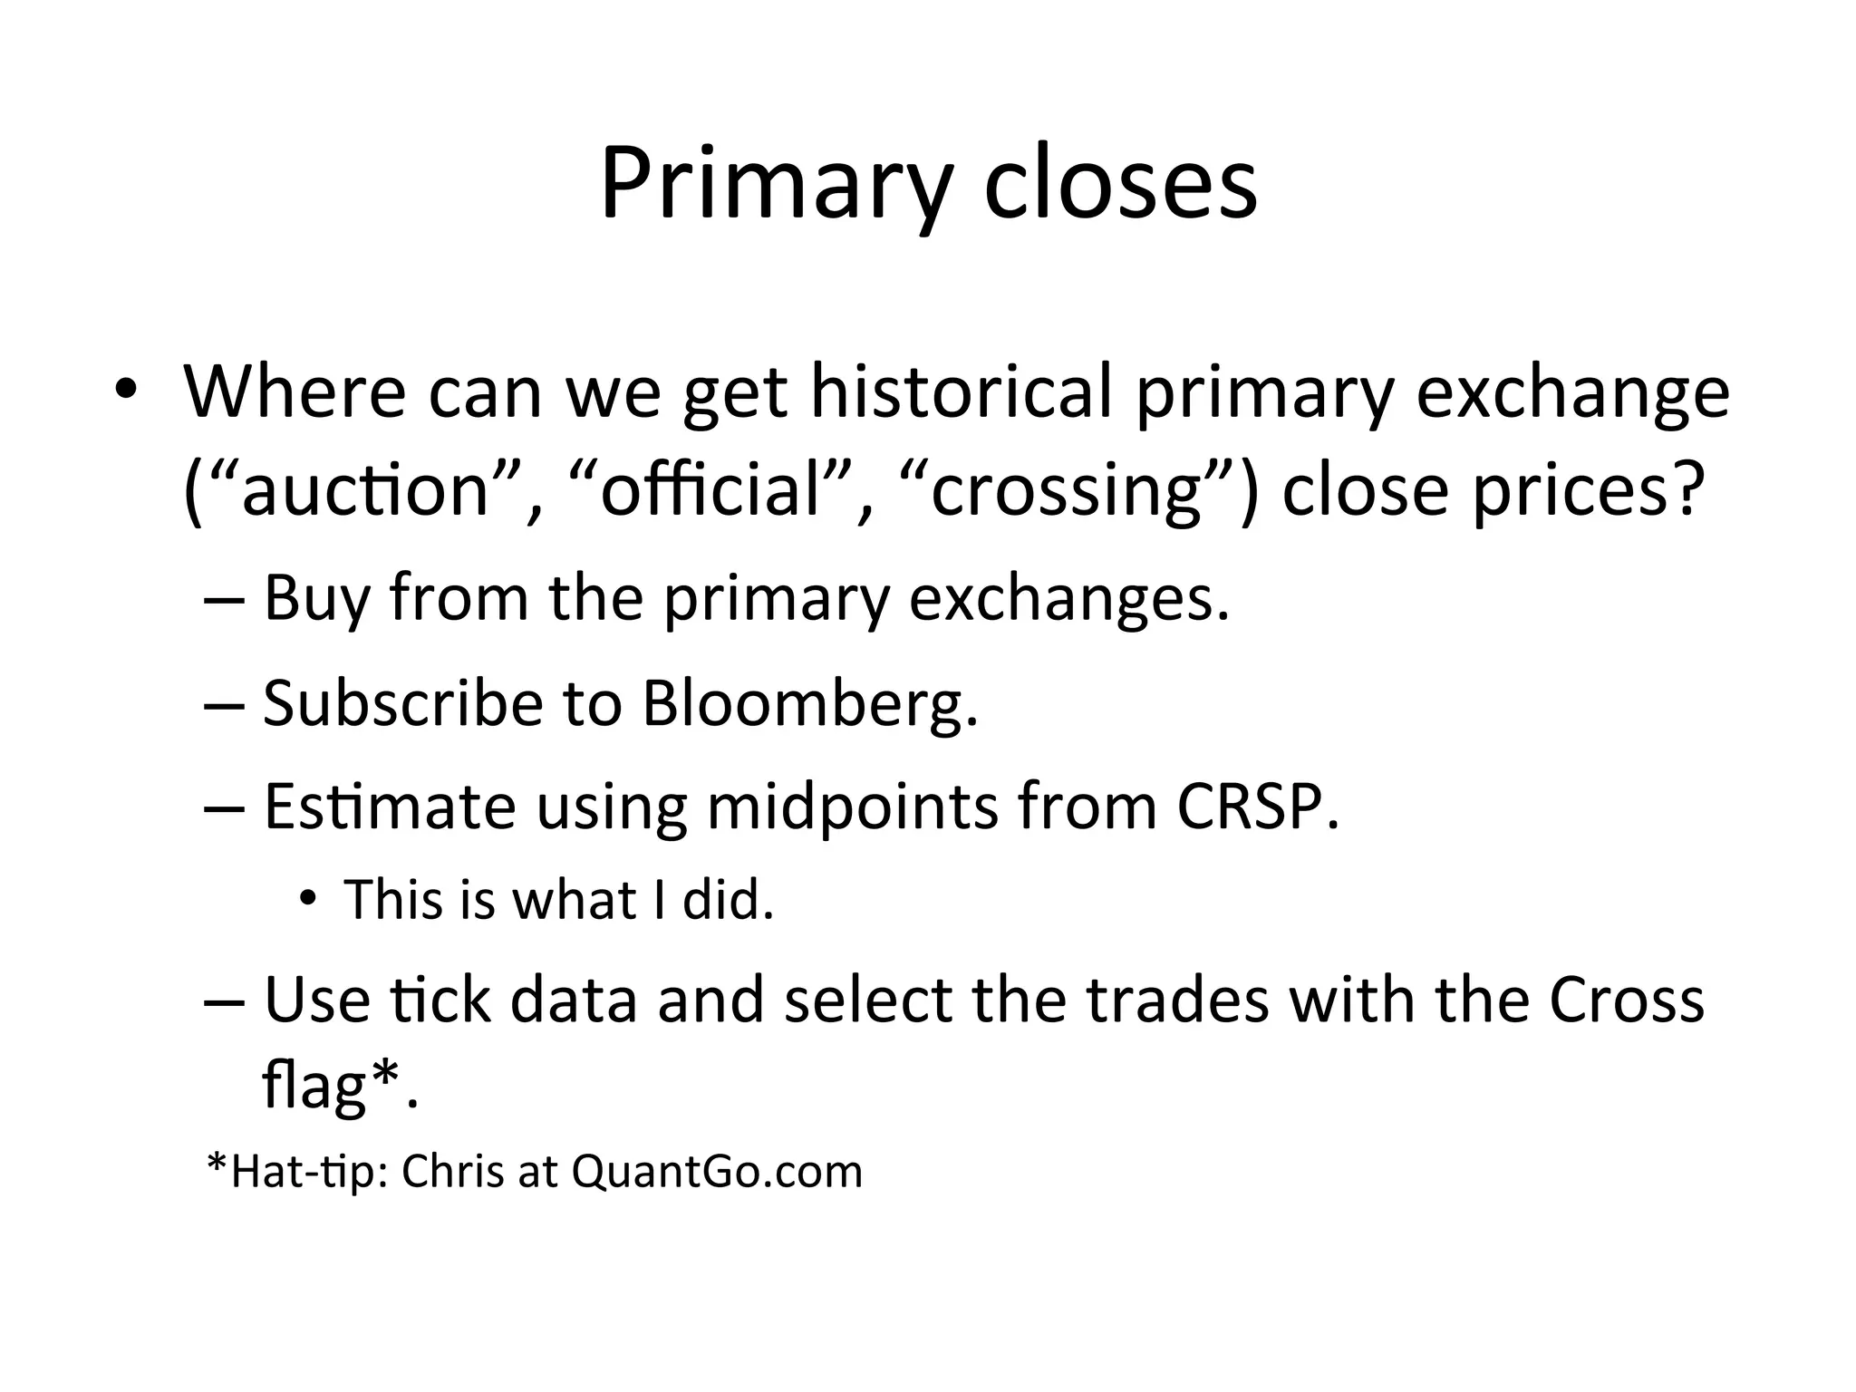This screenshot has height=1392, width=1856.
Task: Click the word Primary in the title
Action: [775, 186]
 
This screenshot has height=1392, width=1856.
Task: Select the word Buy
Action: [316, 599]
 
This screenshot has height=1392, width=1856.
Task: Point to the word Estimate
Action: [389, 807]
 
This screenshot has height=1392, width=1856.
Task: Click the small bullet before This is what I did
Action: [309, 900]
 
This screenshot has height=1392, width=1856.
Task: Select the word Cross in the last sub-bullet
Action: [1626, 1000]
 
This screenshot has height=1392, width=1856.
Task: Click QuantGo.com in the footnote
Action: [717, 1172]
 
